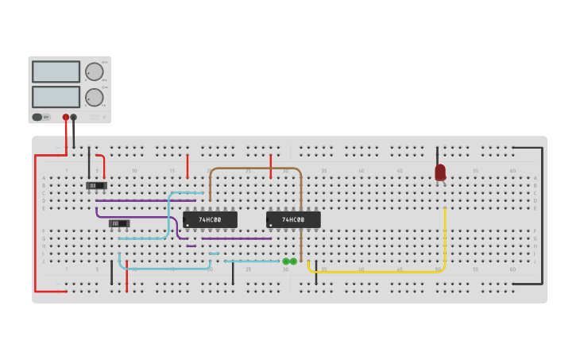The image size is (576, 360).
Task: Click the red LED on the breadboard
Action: coord(440,172)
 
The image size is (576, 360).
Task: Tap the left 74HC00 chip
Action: coord(210,219)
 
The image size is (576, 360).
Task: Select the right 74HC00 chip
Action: coord(293,219)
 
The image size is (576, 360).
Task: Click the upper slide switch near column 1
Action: coord(96,186)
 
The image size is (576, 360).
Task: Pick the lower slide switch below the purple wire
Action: coord(119,223)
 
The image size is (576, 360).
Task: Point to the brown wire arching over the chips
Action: coord(254,168)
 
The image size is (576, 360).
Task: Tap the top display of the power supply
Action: coord(56,72)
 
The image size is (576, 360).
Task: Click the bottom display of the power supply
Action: coord(56,97)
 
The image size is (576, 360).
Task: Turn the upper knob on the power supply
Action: coord(95,72)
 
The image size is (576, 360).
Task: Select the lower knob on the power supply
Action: coord(95,97)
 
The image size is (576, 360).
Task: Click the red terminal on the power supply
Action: coord(66,118)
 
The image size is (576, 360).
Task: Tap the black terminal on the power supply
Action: coord(74,118)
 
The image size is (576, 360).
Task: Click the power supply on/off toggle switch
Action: coord(37,117)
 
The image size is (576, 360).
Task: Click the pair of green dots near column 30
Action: coord(289,261)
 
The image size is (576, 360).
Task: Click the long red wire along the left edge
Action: coord(35,223)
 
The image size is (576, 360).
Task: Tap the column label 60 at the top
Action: coord(512,171)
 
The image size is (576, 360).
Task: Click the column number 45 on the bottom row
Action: coord(399,269)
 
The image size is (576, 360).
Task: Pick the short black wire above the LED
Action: coord(437,155)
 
